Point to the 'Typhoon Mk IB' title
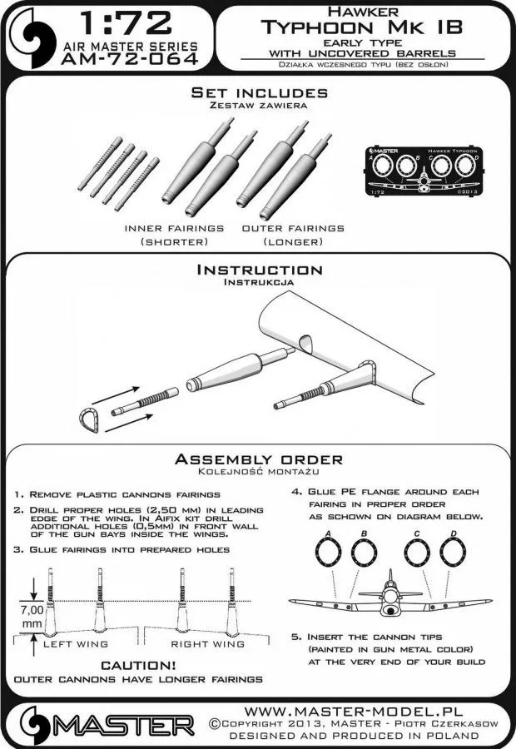pos(359,29)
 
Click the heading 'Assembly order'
pos(257,459)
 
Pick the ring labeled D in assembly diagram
pos(453,553)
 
